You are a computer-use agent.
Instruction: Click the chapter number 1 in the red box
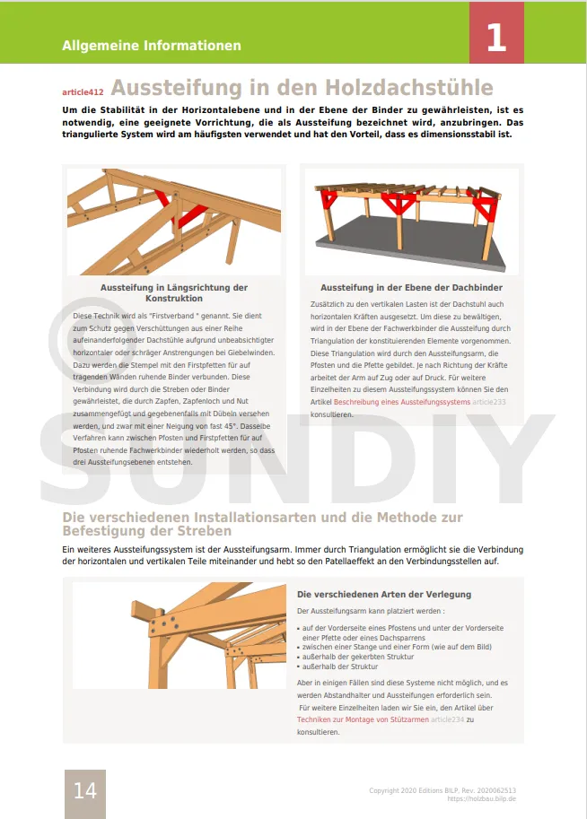coord(496,39)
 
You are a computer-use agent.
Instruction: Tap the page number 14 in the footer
coord(84,790)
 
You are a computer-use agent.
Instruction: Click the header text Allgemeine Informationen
coord(152,45)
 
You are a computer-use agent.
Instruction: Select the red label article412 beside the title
coord(83,91)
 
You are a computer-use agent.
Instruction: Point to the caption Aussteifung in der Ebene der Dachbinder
coord(411,288)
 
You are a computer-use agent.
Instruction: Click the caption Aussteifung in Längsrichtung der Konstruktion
coord(174,292)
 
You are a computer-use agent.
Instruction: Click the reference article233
coord(489,403)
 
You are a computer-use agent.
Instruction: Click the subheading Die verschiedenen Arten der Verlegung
coord(383,594)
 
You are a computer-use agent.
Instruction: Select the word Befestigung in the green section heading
coord(101,531)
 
